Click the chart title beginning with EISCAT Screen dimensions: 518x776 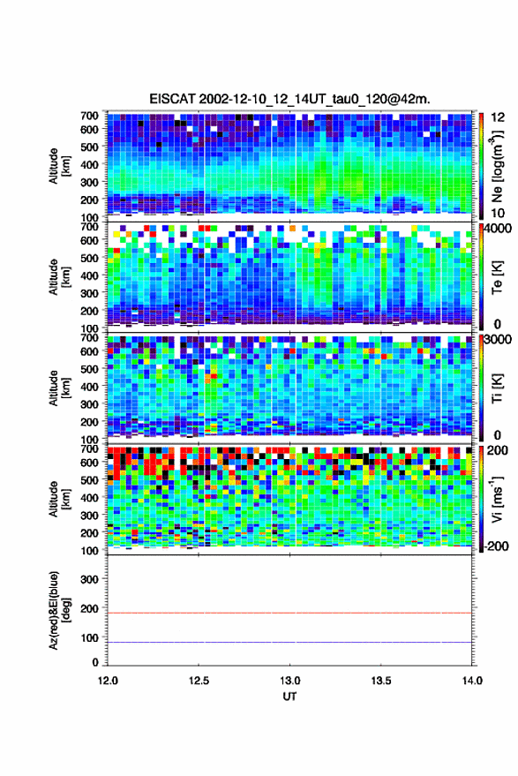coord(290,99)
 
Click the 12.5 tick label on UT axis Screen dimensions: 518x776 coord(199,681)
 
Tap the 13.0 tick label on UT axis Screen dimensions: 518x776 coord(290,681)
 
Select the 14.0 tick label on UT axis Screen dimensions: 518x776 coord(472,681)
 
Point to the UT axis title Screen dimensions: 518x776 coord(290,697)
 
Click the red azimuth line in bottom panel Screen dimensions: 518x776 coord(289,613)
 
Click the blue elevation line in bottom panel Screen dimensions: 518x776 coord(289,643)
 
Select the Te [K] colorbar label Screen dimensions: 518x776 coord(497,276)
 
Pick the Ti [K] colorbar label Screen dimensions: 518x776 coord(497,388)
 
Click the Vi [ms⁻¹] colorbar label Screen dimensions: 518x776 coord(497,499)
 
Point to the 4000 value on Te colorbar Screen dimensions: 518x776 coord(498,228)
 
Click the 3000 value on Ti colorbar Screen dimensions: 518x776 coord(498,339)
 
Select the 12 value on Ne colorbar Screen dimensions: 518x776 coord(498,117)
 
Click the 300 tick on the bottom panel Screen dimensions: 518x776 coord(89,579)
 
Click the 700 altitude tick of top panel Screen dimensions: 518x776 coord(89,116)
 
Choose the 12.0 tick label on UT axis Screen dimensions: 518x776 coord(108,681)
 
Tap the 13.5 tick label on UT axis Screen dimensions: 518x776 coord(381,681)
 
